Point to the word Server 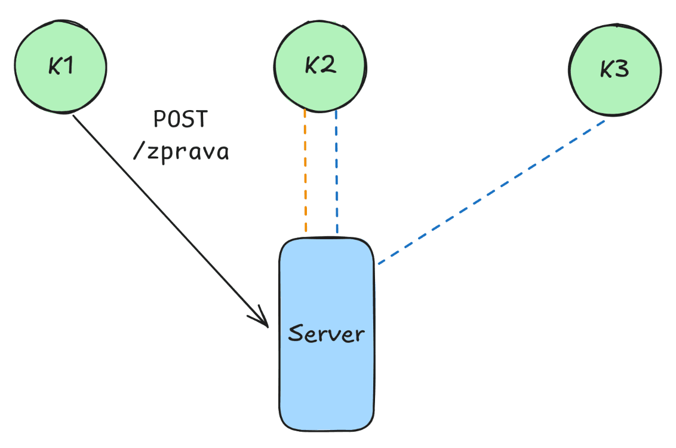326,333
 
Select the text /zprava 180,152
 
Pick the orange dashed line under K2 305,170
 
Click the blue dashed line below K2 337,170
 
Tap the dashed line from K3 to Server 490,192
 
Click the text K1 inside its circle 61,66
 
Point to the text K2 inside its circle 320,65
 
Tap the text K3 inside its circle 614,70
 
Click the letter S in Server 294,333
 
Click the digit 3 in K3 622,70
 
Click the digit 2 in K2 328,65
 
